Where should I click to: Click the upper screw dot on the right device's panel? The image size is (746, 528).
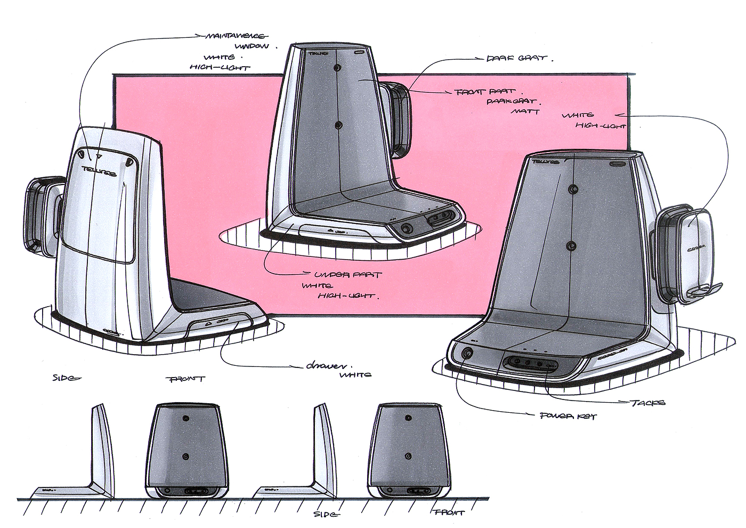[x=573, y=189]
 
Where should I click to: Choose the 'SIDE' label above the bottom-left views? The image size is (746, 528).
[x=66, y=378]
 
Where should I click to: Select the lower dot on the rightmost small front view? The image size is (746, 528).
[x=408, y=455]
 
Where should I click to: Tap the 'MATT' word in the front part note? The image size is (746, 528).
[x=525, y=111]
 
